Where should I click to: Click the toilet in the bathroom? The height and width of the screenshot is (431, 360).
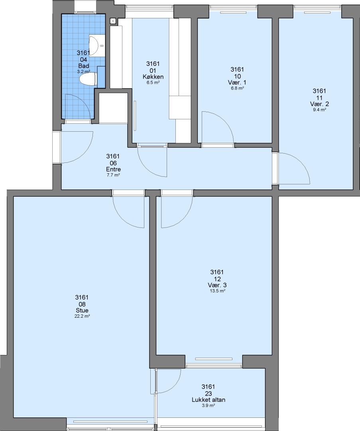[x=88, y=79]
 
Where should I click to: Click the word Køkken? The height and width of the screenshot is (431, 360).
[x=153, y=77]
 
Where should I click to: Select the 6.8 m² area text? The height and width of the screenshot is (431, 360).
[x=238, y=88]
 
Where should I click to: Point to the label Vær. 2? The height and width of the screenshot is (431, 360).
[x=319, y=104]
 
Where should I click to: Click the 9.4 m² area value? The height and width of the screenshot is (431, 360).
[x=319, y=110]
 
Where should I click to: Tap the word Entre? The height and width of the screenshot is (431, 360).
[x=113, y=169]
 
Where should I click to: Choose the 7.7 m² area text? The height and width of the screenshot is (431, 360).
[x=113, y=175]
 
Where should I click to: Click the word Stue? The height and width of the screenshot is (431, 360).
[x=82, y=310]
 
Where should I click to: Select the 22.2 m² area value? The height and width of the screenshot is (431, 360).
[x=82, y=316]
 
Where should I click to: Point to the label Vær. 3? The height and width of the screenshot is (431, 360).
[x=217, y=285]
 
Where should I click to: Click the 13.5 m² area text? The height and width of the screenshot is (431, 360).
[x=218, y=291]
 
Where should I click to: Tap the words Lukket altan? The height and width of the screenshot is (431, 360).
[x=209, y=399]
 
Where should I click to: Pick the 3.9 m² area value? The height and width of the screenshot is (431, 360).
[x=209, y=405]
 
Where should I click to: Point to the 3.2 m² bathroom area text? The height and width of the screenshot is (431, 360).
[x=83, y=71]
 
